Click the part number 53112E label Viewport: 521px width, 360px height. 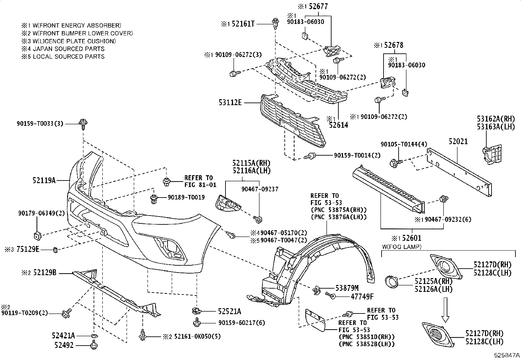pos(230,103)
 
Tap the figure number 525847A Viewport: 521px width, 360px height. pos(507,355)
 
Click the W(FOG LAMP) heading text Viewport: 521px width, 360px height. pos(402,247)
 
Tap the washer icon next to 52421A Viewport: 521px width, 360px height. pos(94,336)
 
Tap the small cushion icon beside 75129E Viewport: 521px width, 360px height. pos(55,251)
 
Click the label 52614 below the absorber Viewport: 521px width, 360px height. pos(338,125)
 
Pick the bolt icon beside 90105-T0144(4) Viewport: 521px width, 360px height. pos(394,162)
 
